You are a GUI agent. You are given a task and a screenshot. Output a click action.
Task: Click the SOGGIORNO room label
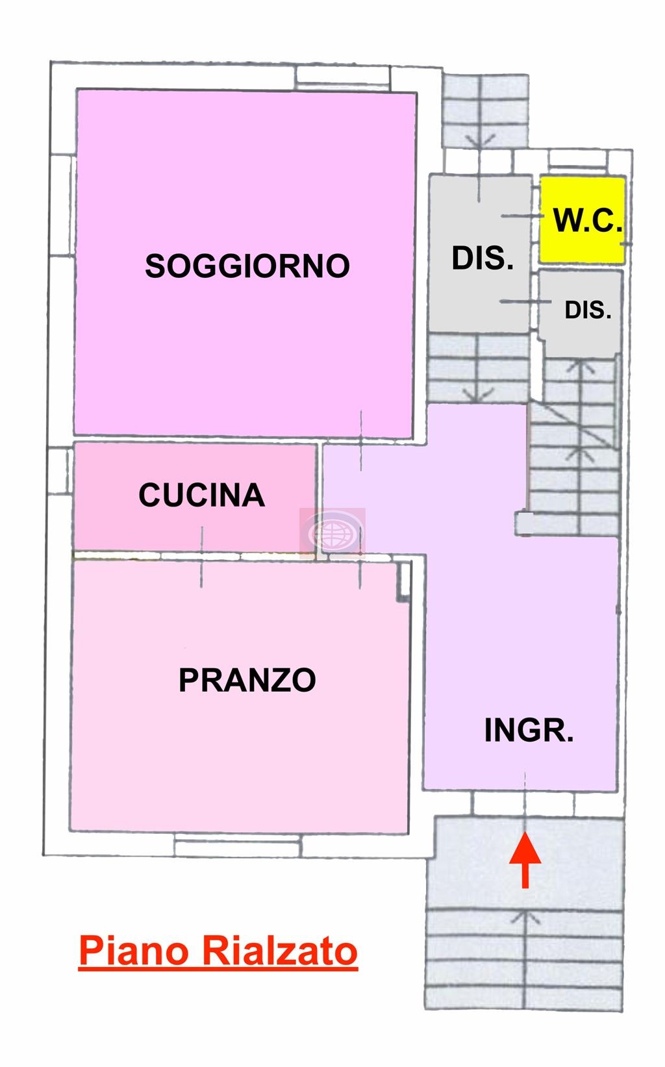pyautogui.click(x=247, y=266)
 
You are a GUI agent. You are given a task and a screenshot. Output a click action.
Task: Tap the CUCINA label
pyautogui.click(x=201, y=495)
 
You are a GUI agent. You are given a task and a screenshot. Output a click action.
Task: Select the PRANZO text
pyautogui.click(x=247, y=680)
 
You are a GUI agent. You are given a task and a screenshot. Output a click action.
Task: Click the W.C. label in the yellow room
pyautogui.click(x=587, y=220)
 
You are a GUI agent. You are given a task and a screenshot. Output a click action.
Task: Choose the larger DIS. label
pyautogui.click(x=482, y=258)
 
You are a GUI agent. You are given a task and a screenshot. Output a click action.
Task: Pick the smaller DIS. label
pyautogui.click(x=587, y=310)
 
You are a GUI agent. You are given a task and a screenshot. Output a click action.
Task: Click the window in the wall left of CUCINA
pyautogui.click(x=60, y=471)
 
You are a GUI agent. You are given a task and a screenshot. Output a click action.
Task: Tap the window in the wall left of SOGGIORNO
pyautogui.click(x=62, y=205)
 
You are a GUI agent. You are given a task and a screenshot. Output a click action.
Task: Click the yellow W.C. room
pyautogui.click(x=582, y=220)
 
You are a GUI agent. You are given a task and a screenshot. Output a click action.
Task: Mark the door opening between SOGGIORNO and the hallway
pyautogui.click(x=360, y=440)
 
